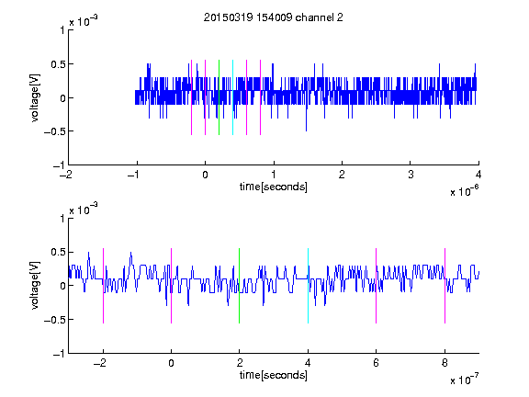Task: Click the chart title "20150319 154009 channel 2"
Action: point(274,17)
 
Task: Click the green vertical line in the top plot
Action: point(219,97)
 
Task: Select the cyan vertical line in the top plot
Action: point(232,97)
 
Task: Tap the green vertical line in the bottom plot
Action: point(239,286)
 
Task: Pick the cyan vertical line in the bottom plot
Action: point(308,286)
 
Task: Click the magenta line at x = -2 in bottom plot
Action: point(103,286)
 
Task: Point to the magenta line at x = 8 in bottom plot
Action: point(445,286)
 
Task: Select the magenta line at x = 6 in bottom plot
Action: point(377,286)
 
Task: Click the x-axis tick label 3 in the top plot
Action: point(411,175)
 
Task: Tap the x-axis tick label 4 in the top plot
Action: point(478,175)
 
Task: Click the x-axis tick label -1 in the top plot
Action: point(134,175)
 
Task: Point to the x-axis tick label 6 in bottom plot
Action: point(377,363)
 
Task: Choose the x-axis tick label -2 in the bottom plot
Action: point(100,363)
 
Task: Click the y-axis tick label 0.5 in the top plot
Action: point(58,64)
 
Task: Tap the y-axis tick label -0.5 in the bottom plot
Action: point(54,320)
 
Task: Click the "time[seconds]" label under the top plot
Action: point(274,187)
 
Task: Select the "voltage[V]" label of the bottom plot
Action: point(35,285)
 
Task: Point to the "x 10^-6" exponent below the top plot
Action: point(464,191)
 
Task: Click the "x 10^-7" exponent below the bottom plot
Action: point(464,380)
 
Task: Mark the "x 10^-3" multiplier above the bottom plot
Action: point(84,210)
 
